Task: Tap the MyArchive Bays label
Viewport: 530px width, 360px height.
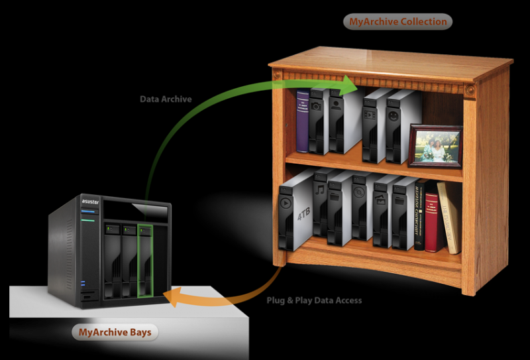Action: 115,331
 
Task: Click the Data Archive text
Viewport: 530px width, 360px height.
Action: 166,99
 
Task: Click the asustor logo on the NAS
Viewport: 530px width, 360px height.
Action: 89,198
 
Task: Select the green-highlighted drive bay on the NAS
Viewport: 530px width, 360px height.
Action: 145,260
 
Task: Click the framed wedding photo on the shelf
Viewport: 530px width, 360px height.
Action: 435,145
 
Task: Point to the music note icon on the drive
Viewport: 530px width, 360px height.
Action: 319,190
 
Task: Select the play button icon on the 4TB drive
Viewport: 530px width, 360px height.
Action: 286,203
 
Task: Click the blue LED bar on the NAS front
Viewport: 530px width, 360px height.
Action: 89,211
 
